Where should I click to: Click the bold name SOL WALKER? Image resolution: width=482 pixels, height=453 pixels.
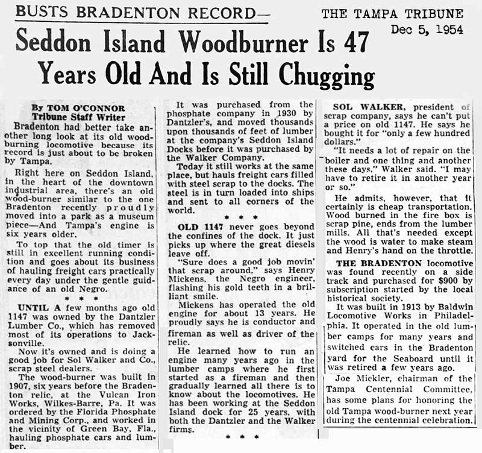click(x=368, y=109)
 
